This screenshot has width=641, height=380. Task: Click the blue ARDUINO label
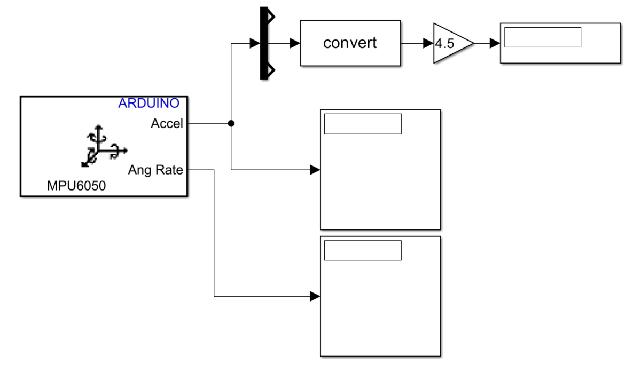pos(148,103)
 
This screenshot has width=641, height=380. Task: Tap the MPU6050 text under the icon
pos(77,186)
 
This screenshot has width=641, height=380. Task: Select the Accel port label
pos(167,124)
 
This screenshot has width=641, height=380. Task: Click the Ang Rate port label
pos(155,170)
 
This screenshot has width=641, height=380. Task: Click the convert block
pos(350,43)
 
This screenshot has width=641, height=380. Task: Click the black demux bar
pos(263,43)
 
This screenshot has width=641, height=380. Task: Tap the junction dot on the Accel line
pos(231,124)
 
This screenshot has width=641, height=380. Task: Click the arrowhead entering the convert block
pos(295,44)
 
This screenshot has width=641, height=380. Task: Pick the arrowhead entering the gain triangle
pos(428,44)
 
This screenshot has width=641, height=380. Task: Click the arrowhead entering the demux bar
pos(255,44)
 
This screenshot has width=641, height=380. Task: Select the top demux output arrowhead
pos(271,17)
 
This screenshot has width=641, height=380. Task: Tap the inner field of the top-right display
pos(542,37)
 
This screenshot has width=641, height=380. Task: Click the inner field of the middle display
pos(363,124)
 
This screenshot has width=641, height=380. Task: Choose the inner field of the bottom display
pos(363,250)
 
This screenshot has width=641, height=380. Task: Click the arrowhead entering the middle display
pos(315,170)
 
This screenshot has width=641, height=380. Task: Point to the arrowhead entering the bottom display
pos(315,296)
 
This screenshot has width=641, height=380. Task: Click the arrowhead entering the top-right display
pos(495,44)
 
